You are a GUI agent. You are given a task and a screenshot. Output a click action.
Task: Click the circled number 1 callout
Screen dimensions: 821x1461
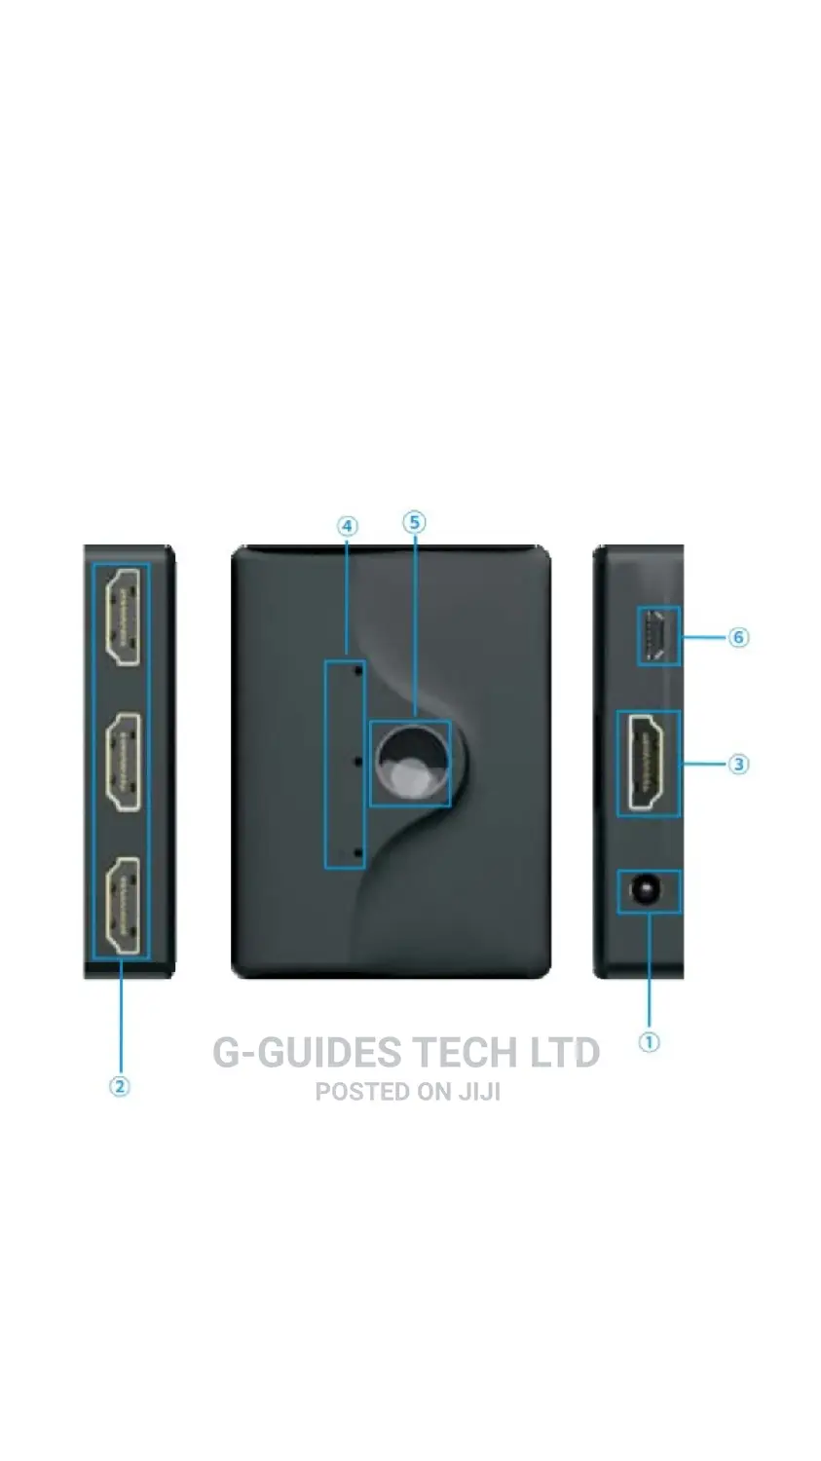click(x=649, y=1042)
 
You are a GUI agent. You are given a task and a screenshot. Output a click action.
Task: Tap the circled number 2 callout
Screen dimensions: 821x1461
click(x=120, y=1087)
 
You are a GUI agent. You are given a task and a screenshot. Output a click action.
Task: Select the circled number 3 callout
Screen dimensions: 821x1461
click(x=738, y=764)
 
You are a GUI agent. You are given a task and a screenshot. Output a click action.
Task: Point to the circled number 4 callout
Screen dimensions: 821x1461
click(x=347, y=526)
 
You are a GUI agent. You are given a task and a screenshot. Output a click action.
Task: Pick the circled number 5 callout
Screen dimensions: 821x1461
click(x=414, y=522)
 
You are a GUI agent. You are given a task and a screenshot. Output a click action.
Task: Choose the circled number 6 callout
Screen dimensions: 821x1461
click(x=738, y=637)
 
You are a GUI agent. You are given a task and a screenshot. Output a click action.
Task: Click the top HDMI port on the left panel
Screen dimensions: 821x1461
click(x=123, y=617)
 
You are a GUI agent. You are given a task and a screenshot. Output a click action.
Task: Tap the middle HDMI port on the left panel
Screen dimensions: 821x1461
click(x=123, y=763)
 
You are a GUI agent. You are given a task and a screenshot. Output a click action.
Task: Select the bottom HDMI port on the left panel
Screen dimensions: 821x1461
click(x=123, y=907)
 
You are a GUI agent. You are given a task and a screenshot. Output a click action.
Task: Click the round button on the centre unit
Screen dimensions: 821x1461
click(x=411, y=764)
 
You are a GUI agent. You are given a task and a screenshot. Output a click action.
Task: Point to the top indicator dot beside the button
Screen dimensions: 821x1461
click(x=357, y=669)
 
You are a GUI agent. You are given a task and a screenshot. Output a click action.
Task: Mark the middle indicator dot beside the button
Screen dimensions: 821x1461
click(x=357, y=761)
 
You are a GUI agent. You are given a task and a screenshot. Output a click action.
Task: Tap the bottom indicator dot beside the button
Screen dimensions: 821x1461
click(x=357, y=853)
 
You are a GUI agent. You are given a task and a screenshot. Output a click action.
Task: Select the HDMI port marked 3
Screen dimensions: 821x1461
click(x=646, y=763)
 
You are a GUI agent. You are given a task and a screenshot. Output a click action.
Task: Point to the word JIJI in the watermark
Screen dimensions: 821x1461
click(x=478, y=1092)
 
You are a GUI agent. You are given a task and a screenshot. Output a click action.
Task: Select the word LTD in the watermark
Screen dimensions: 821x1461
click(x=565, y=1052)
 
